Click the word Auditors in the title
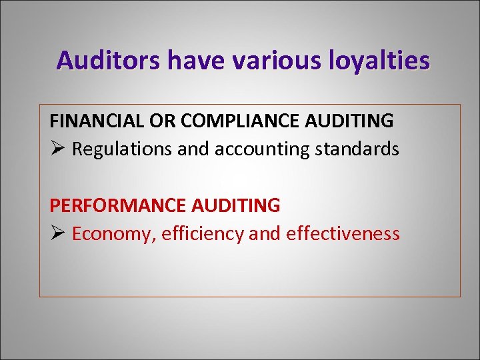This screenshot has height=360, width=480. [x=109, y=61]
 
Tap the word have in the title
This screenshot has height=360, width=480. [x=197, y=61]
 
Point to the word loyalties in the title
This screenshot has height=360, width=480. [x=379, y=61]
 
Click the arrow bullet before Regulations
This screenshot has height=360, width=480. [x=57, y=148]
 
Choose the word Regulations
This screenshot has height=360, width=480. [x=122, y=149]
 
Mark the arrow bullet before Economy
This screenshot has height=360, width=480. [x=57, y=233]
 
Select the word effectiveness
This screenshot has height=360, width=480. [x=343, y=234]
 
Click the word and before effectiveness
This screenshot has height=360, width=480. [x=265, y=234]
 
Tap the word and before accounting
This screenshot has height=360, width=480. [x=193, y=149]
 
